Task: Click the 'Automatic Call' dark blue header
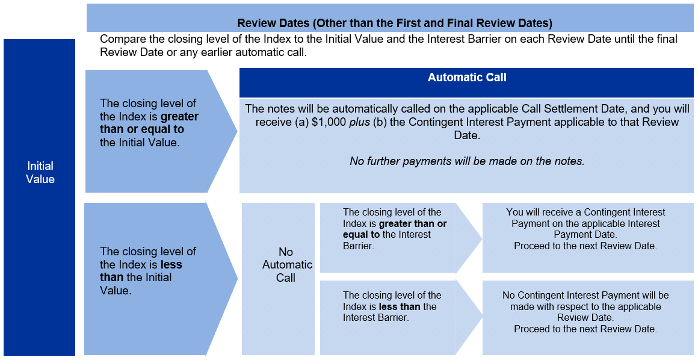(x=466, y=82)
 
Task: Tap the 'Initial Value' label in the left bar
(x=40, y=172)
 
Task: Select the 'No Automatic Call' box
(x=278, y=279)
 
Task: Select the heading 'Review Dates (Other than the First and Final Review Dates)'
(x=395, y=23)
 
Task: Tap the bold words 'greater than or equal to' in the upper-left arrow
(x=149, y=123)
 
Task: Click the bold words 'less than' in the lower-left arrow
(x=141, y=271)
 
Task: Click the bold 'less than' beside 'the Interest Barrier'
(x=400, y=306)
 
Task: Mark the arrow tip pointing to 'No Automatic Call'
(x=238, y=279)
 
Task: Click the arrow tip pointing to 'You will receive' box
(x=482, y=238)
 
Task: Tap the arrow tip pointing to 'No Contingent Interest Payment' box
(x=482, y=317)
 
